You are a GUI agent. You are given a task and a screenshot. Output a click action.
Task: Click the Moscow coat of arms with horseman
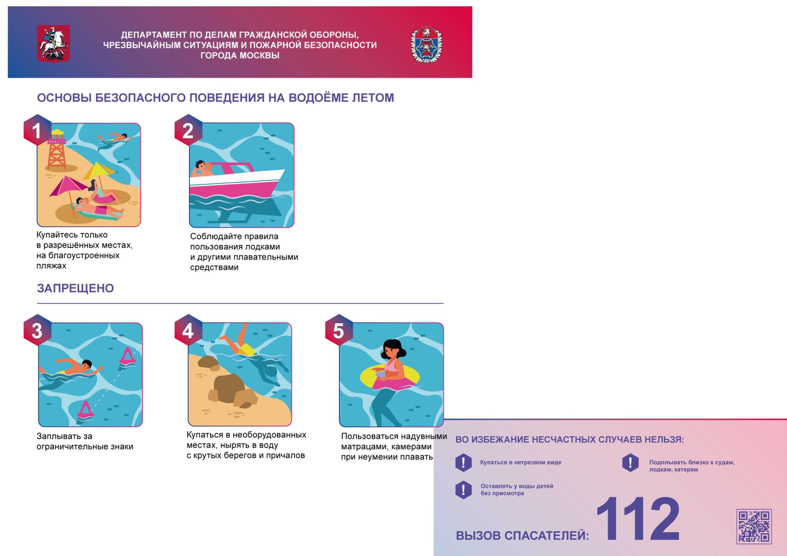pyautogui.click(x=53, y=44)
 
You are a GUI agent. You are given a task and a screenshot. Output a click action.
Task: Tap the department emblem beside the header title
pyautogui.click(x=426, y=44)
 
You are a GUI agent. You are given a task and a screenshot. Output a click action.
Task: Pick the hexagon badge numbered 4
pyautogui.click(x=188, y=330)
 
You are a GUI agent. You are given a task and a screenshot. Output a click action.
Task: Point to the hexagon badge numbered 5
pyautogui.click(x=339, y=330)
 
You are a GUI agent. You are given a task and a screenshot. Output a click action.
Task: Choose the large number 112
pyautogui.click(x=638, y=519)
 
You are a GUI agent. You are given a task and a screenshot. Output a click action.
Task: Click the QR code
pyautogui.click(x=754, y=527)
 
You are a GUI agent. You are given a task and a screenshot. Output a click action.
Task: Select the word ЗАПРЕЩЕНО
pyautogui.click(x=75, y=288)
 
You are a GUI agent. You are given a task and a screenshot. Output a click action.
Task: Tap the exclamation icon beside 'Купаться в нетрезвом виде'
pyautogui.click(x=463, y=463)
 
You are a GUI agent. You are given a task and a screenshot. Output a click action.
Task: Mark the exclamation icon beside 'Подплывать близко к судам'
pyautogui.click(x=630, y=463)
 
